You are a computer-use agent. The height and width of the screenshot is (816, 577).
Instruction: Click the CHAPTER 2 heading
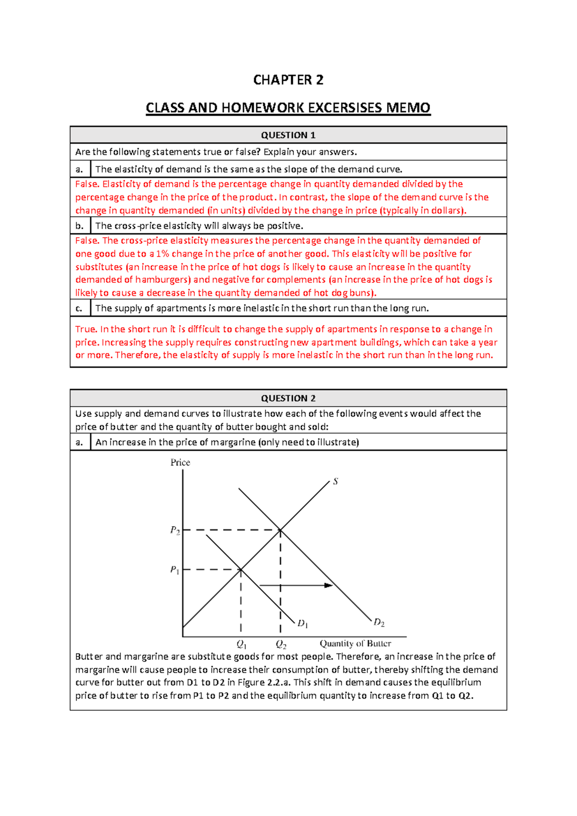[288, 80]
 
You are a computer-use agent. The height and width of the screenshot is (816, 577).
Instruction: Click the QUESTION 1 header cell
[288, 135]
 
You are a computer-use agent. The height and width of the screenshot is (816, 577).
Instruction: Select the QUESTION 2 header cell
[288, 398]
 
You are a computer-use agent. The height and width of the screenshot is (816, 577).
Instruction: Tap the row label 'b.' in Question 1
[80, 226]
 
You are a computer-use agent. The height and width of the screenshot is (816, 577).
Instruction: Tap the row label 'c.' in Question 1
[79, 308]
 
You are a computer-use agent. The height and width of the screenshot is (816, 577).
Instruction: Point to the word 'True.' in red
[86, 330]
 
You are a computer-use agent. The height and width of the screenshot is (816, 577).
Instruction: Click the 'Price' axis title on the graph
[180, 463]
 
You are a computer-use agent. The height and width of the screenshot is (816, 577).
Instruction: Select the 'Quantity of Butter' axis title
[355, 644]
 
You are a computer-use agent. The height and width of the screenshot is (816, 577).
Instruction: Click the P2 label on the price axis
[175, 530]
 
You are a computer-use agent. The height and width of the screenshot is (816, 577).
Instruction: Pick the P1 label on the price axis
[175, 570]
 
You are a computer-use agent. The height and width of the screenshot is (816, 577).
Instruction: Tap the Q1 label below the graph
[241, 644]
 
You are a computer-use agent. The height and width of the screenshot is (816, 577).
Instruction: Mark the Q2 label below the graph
[281, 644]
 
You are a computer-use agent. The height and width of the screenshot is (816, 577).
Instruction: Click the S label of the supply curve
[336, 481]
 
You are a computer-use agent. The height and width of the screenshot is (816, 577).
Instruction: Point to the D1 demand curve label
[302, 624]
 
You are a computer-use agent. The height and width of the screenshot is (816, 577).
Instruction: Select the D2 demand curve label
[379, 623]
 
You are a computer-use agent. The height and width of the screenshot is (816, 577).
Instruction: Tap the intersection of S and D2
[280, 530]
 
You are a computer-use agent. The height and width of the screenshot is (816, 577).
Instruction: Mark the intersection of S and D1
[241, 570]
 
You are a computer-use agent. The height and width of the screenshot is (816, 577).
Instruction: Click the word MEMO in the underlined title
[408, 108]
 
